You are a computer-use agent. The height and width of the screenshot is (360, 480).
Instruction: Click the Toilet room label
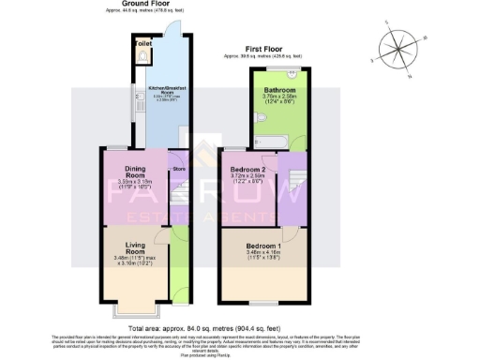point(143,44)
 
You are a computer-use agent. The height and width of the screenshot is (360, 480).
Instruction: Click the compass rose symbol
point(400,48)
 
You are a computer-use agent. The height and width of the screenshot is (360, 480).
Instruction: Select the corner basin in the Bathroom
point(293,73)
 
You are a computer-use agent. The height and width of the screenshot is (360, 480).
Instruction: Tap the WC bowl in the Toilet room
point(142,55)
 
